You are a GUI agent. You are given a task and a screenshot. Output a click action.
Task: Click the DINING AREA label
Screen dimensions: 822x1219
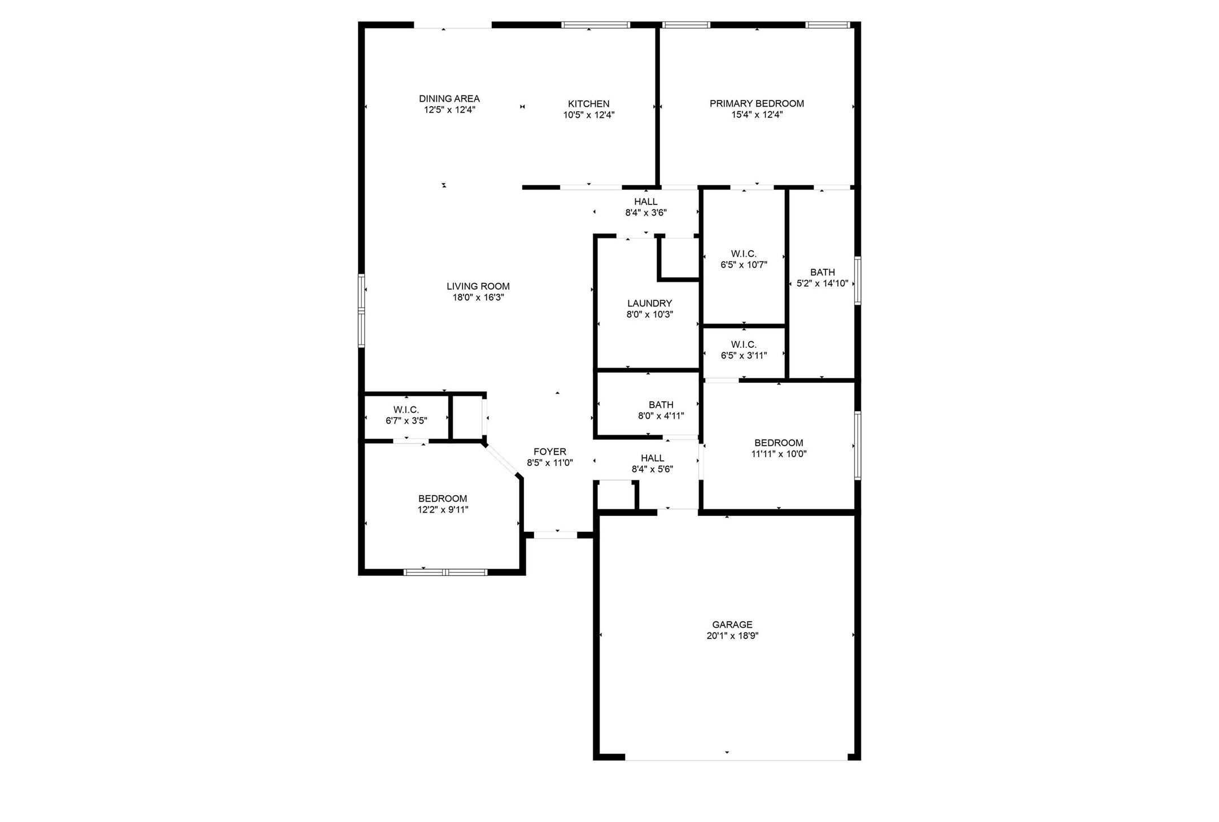[x=449, y=99]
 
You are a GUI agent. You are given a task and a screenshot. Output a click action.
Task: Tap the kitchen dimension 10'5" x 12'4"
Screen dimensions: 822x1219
[x=588, y=115]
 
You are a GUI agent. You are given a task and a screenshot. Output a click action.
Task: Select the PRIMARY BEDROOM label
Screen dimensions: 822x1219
[x=757, y=103]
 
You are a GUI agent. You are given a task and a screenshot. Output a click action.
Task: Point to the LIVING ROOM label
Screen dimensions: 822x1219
[x=478, y=286]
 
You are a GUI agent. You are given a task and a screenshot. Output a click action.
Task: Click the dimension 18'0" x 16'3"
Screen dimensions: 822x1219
[x=478, y=298]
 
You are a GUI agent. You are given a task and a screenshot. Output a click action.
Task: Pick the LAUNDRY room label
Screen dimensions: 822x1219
[x=649, y=303]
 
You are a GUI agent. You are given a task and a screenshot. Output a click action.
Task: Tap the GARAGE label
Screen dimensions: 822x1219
[x=732, y=624]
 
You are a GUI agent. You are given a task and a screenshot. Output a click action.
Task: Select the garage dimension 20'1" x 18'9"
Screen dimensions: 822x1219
[x=732, y=636]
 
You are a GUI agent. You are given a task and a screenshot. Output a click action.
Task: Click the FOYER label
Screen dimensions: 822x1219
[x=549, y=452]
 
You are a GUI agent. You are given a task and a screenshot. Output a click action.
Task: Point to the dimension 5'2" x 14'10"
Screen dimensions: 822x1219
[x=822, y=283]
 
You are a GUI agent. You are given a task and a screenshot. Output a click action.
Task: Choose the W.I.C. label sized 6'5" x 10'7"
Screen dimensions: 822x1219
[x=744, y=254]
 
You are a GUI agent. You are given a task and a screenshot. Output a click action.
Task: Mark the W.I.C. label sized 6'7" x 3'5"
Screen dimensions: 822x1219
[x=406, y=409]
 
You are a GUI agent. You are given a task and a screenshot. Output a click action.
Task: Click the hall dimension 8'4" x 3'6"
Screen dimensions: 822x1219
[x=646, y=213]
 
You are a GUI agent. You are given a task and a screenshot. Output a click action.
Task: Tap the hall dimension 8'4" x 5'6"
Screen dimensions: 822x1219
[x=652, y=469]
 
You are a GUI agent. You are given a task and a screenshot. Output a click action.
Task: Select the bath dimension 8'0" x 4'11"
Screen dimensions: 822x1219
[x=661, y=416]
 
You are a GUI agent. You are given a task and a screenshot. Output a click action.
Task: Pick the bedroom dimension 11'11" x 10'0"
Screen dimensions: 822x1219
[x=779, y=454]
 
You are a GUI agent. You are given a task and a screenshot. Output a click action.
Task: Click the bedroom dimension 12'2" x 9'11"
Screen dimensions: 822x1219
[x=443, y=510]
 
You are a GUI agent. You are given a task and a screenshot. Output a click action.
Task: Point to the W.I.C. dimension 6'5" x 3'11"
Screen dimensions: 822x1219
[x=744, y=356]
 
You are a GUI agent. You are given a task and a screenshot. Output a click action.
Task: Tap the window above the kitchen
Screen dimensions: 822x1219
[x=595, y=25]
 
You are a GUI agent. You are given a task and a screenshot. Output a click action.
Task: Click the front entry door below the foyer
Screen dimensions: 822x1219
[x=556, y=535]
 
